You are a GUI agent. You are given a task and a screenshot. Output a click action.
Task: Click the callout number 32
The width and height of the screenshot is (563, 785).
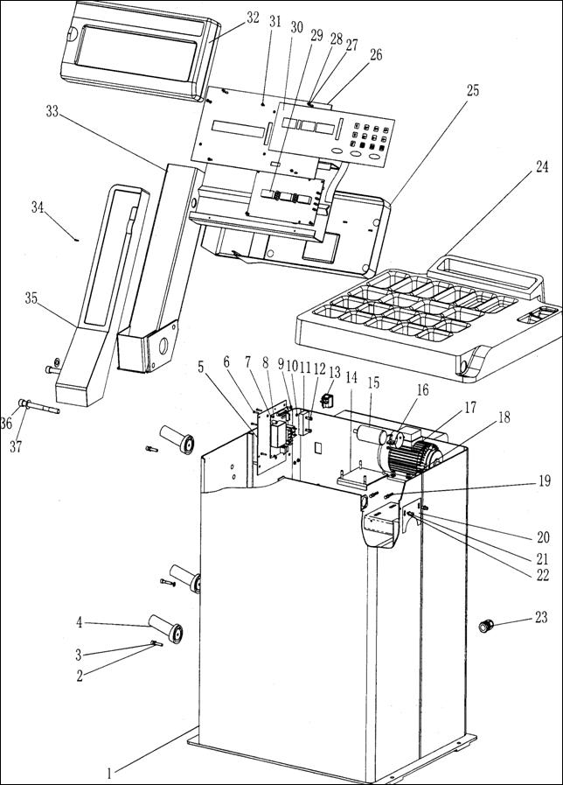tap(253, 18)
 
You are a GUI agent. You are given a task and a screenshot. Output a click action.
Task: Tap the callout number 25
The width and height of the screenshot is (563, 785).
tap(472, 91)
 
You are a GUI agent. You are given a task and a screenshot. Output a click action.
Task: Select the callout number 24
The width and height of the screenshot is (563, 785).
tap(541, 166)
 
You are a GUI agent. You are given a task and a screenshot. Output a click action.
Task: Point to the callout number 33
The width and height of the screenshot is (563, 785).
tap(52, 112)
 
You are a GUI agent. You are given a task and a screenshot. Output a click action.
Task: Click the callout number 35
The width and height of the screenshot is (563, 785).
tap(31, 298)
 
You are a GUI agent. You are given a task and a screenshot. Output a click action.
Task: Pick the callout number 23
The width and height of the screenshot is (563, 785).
tap(541, 617)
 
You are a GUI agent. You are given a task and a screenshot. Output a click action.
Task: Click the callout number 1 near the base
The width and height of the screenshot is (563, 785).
tap(113, 769)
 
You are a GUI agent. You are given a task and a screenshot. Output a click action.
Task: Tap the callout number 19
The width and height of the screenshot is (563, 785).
tap(545, 480)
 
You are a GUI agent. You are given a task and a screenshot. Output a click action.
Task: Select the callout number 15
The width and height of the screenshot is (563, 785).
tap(373, 383)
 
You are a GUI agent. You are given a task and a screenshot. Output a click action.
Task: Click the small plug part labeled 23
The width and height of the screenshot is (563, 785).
tap(485, 626)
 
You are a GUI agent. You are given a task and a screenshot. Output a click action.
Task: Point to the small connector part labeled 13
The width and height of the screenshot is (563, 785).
tap(328, 401)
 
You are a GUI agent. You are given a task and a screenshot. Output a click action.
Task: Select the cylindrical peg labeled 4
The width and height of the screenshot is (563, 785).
tap(165, 628)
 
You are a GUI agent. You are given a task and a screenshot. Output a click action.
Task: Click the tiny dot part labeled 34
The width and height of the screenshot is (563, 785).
tap(77, 240)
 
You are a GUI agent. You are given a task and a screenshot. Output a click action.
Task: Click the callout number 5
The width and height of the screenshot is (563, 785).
tap(200, 367)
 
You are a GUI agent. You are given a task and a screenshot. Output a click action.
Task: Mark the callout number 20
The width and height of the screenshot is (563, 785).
tap(543, 537)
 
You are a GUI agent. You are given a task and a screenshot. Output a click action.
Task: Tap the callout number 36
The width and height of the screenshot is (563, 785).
tap(6, 424)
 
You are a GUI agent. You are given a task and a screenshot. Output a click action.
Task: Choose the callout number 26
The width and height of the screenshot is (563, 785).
tap(376, 54)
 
